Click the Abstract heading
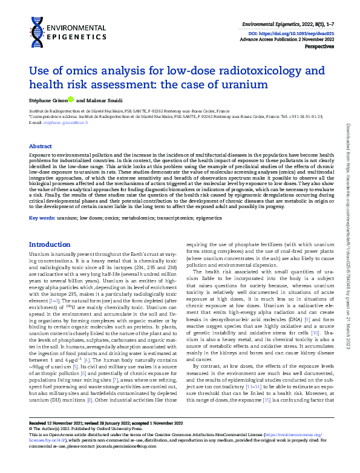point(41,147)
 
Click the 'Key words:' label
point(42,216)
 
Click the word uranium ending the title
point(246,85)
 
